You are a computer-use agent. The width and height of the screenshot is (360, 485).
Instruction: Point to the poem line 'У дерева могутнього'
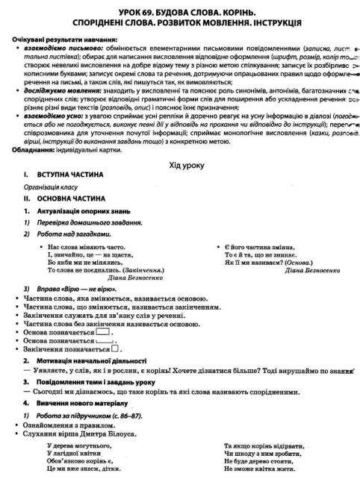tap(79, 445)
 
